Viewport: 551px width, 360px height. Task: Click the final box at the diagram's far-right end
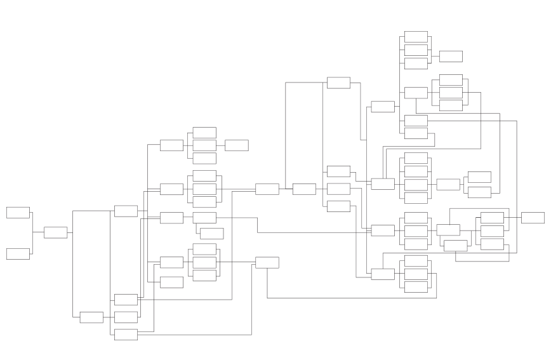coord(533,218)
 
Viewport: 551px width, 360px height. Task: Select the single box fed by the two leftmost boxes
coord(55,232)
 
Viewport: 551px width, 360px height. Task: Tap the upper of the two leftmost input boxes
coord(18,212)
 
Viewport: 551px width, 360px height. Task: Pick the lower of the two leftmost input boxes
coord(18,254)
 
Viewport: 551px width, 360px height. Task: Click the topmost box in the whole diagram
coord(416,36)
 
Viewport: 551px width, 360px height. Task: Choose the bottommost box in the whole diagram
coord(126,334)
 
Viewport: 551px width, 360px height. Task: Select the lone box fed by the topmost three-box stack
coord(451,56)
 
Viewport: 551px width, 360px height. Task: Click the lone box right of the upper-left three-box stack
coord(236,145)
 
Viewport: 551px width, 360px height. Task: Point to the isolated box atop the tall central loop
coord(338,83)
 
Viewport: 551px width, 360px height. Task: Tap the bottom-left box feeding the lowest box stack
coord(91,317)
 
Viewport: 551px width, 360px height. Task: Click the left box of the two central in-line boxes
coord(267,189)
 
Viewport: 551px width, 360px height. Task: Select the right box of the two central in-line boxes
coord(304,189)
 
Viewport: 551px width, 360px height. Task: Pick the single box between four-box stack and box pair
coord(448,184)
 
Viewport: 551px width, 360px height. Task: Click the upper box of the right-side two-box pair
coord(479,177)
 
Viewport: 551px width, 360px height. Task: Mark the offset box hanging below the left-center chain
coord(211,234)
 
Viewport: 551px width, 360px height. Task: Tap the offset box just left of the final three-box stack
coord(455,245)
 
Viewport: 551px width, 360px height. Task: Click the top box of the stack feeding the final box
coord(492,218)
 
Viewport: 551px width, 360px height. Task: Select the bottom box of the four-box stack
coord(416,197)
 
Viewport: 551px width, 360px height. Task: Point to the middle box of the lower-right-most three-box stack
coord(416,274)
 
